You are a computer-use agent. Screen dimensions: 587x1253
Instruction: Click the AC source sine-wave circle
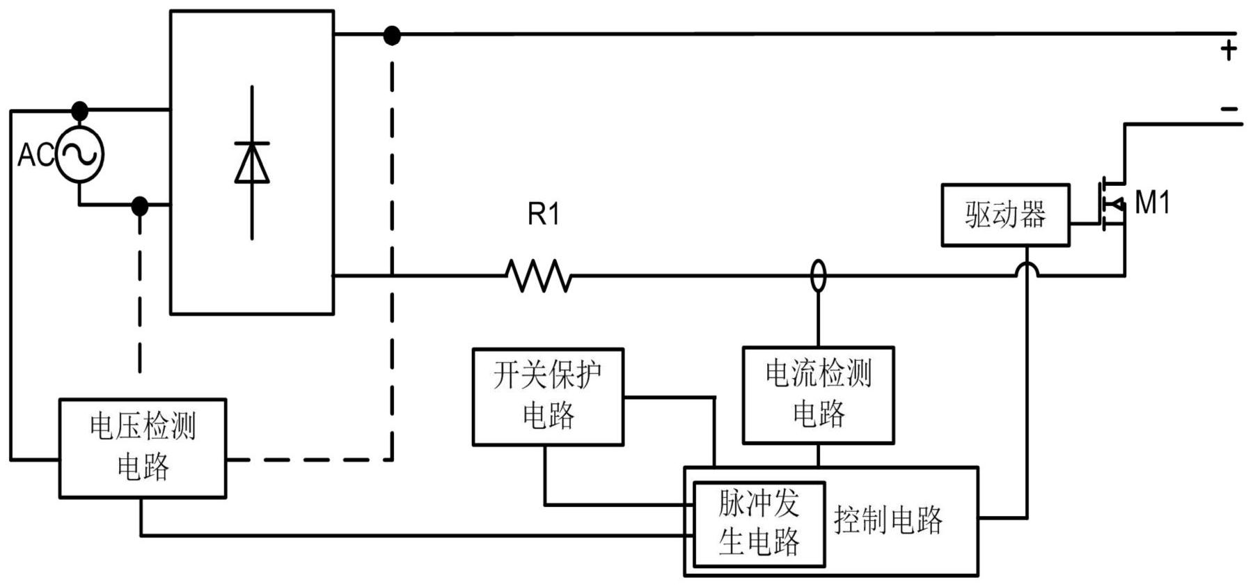tap(79, 155)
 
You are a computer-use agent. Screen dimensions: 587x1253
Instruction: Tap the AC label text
tap(35, 155)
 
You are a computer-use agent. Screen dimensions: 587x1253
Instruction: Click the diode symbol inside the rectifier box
tap(252, 163)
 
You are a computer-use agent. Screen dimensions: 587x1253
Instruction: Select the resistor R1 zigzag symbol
tap(539, 276)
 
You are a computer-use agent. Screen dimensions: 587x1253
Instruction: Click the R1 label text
tap(543, 214)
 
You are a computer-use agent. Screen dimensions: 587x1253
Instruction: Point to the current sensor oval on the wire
tap(819, 276)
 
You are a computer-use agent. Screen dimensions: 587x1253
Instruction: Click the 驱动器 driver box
tap(1004, 215)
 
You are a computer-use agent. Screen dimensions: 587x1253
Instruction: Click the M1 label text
tap(1152, 203)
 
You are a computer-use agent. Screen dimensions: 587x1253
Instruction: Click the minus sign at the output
tap(1229, 109)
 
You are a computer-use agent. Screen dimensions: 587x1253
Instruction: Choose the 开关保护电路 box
tap(548, 397)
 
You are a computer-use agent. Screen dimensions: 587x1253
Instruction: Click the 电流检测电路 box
tap(818, 395)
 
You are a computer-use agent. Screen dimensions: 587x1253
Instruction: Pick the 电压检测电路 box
tap(142, 448)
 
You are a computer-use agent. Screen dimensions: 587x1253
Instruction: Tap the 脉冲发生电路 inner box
tap(759, 524)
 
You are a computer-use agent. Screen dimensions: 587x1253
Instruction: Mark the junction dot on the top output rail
tap(393, 35)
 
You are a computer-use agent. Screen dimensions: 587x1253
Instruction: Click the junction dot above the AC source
tap(80, 110)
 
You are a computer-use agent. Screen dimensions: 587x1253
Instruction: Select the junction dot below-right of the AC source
tap(140, 205)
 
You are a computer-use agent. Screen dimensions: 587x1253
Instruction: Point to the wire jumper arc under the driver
tap(1027, 269)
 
